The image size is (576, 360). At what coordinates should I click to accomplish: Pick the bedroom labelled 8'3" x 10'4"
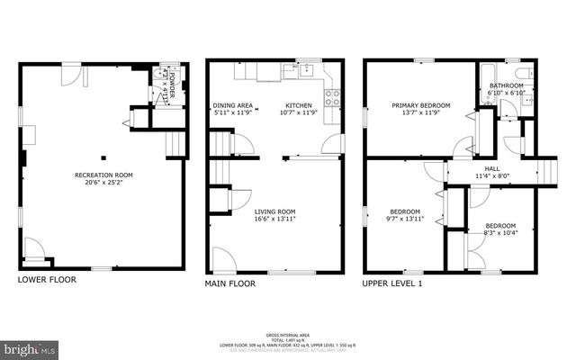(x=500, y=229)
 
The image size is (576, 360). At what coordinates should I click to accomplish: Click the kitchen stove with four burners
(x=333, y=96)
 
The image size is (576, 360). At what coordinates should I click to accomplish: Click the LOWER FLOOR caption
(x=47, y=280)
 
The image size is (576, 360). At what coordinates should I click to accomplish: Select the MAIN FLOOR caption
(x=230, y=283)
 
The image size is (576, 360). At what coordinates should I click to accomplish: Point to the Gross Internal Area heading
(x=287, y=332)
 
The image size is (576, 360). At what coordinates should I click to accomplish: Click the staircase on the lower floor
(x=175, y=141)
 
